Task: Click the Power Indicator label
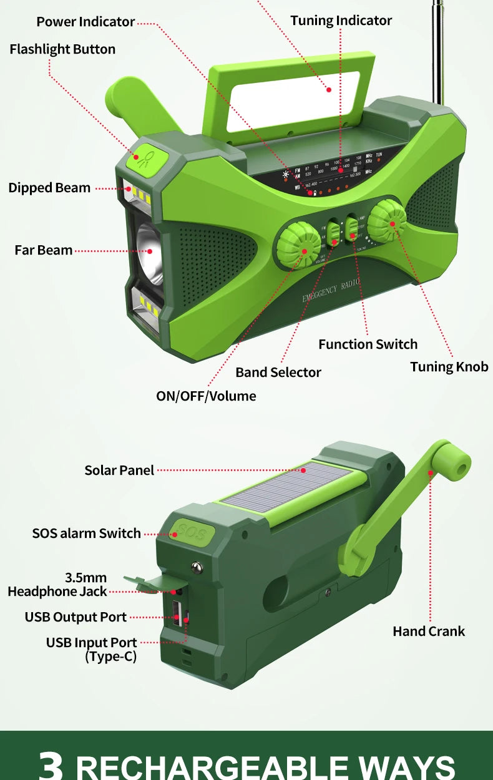(x=85, y=22)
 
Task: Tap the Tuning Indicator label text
(x=341, y=21)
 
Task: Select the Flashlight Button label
(x=62, y=49)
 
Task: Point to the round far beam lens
(x=150, y=250)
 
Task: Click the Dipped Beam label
(x=49, y=188)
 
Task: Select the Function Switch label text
(x=368, y=344)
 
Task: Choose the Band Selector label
(x=278, y=373)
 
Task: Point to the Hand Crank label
(x=429, y=631)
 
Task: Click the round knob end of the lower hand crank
(x=454, y=461)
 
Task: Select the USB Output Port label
(x=76, y=617)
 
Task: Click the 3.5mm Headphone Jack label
(x=57, y=585)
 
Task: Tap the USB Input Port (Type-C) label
(x=91, y=649)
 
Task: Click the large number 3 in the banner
(x=51, y=764)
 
